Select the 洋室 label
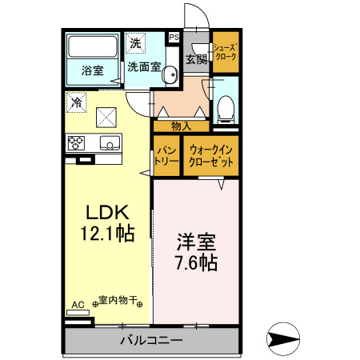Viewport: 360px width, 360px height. tap(195, 241)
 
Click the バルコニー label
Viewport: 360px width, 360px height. tap(150, 340)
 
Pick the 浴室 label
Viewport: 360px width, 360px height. tap(92, 70)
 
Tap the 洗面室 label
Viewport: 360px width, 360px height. tap(145, 66)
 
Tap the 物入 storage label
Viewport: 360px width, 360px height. tap(182, 126)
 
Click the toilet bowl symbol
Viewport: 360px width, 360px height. tap(225, 106)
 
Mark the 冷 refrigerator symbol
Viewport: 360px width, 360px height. tap(76, 102)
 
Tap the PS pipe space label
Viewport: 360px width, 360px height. tap(174, 37)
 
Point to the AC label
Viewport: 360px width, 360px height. tap(78, 305)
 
